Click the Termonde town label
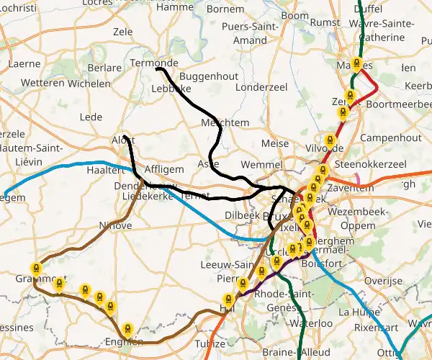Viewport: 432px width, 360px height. [154, 63]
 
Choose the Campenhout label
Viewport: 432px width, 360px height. [390, 137]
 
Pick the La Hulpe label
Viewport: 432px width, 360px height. [354, 312]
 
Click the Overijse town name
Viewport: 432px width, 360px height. [382, 280]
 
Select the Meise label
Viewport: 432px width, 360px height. [275, 144]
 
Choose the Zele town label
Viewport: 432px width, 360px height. [123, 32]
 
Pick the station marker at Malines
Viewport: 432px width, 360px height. [356, 63]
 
